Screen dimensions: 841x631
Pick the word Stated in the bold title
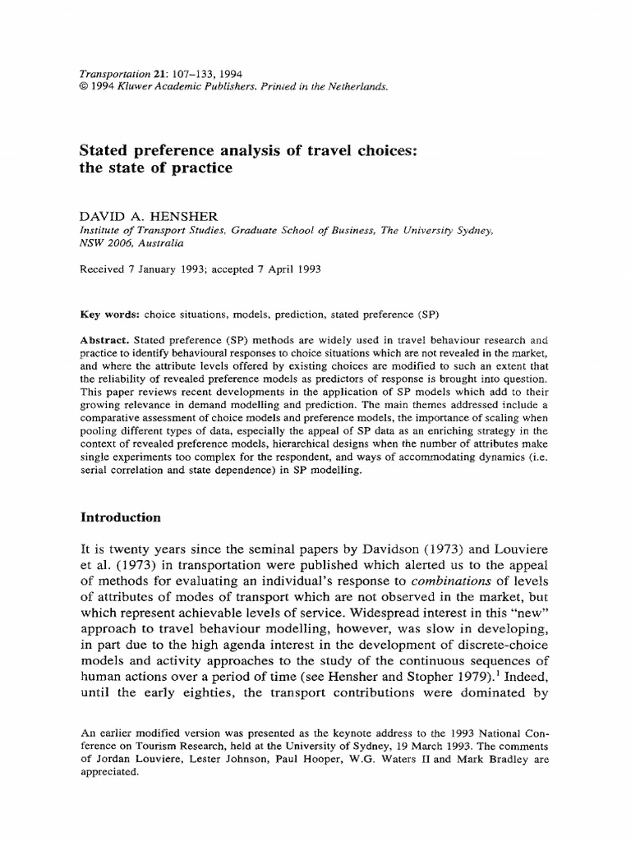click(103, 150)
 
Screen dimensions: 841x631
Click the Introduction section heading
click(121, 518)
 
